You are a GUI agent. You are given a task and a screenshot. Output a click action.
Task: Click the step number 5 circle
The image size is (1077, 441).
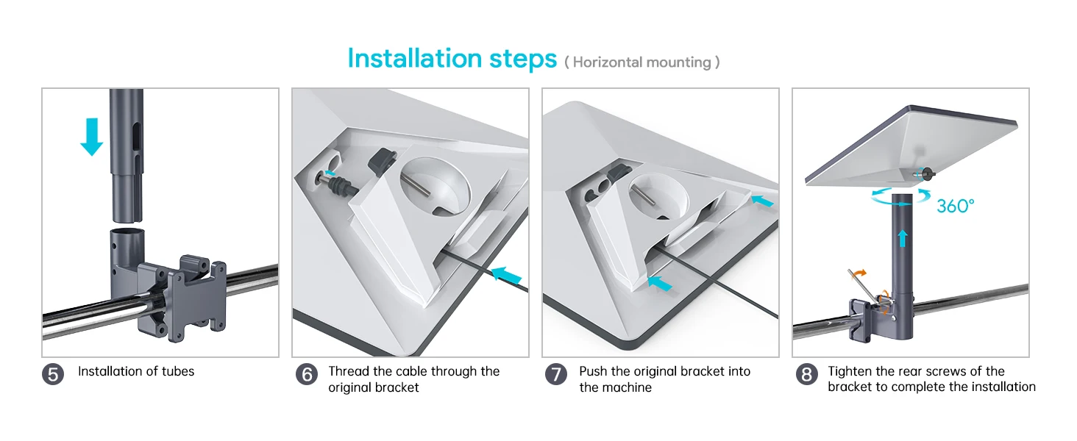point(53,374)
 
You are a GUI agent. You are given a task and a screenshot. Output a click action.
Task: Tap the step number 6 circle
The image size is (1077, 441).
point(306,374)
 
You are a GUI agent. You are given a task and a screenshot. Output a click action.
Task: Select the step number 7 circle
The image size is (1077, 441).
point(556,374)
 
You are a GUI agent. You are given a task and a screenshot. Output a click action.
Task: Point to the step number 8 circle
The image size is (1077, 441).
point(806,374)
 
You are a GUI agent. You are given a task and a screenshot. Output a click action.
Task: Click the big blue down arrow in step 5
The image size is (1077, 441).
point(91,137)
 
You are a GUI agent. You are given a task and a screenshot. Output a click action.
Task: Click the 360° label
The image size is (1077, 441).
point(956,206)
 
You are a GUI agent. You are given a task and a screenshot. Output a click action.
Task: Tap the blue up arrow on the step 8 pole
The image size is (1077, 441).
point(903,239)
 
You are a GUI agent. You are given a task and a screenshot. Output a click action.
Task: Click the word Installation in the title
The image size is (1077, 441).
point(414,59)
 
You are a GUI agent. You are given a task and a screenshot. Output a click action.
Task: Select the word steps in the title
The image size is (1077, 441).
point(523,60)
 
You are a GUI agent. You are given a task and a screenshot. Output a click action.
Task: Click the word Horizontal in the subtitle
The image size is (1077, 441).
point(607,62)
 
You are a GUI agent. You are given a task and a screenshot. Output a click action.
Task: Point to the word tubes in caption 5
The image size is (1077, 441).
point(178,371)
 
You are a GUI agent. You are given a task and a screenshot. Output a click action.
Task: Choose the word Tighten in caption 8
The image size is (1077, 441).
point(850,371)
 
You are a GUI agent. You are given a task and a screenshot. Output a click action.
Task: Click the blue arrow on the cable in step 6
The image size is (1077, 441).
point(506,274)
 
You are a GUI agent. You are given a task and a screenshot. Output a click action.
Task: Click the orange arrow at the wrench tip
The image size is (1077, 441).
point(859,273)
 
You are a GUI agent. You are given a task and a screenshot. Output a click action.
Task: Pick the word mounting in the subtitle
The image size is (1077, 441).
point(679,62)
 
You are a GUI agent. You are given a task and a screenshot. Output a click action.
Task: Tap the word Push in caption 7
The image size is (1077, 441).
point(594,371)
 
